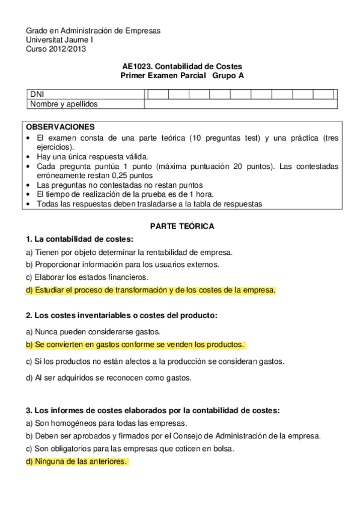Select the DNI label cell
click(x=37, y=94)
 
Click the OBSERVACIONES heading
click(x=61, y=127)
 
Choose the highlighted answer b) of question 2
click(x=135, y=345)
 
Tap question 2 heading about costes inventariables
click(x=121, y=315)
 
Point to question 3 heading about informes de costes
click(x=153, y=410)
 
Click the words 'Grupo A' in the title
click(x=228, y=76)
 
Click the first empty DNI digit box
click(x=158, y=94)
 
